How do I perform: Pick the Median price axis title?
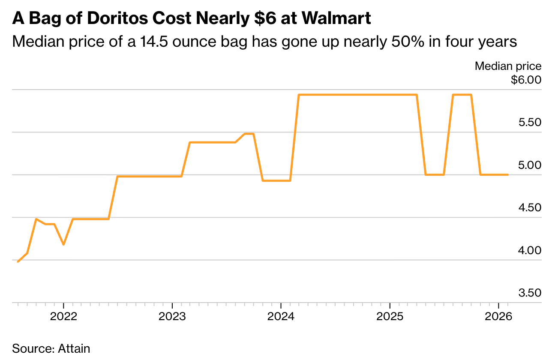coord(508,66)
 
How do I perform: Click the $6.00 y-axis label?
coord(526,80)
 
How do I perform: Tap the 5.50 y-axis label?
coord(530,123)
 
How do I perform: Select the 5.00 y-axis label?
coord(530,165)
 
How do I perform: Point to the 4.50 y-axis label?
coord(530,208)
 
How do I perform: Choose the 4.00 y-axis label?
coord(530,250)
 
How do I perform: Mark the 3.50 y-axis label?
coord(530,293)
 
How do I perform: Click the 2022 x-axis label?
coord(63,317)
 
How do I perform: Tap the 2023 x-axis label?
coord(172,317)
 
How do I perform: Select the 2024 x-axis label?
coord(280,317)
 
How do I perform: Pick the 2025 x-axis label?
coord(390,317)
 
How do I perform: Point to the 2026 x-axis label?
coord(498,317)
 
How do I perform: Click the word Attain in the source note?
coord(74,348)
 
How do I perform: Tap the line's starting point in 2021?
coord(18,261)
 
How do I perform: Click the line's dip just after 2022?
coord(63,244)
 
